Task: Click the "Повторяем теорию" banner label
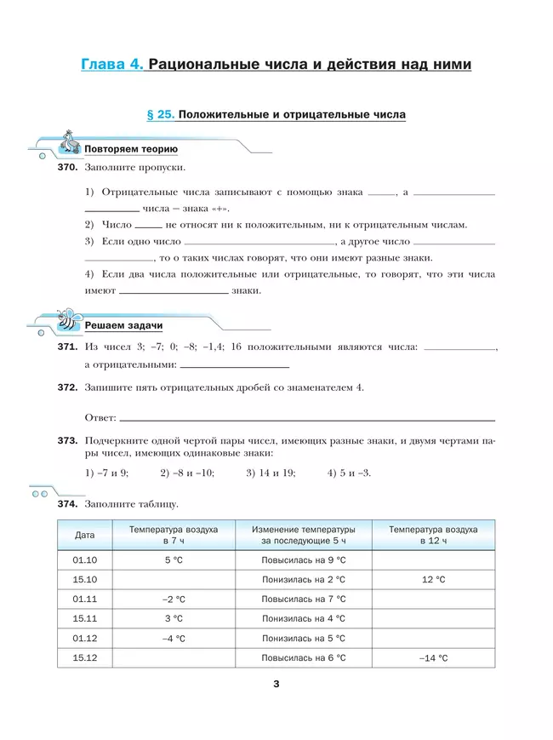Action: (130, 149)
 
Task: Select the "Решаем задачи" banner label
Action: (123, 326)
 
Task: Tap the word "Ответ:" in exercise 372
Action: (100, 417)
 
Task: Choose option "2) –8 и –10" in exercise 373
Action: (187, 473)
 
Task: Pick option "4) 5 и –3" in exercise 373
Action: (349, 473)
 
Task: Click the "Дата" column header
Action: (85, 535)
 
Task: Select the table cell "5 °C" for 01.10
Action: (174, 559)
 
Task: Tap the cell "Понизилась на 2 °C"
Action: (304, 579)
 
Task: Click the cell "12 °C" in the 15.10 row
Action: (433, 579)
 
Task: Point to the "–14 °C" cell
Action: (433, 657)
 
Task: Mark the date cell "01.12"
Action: (85, 638)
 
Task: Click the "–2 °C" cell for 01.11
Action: (174, 599)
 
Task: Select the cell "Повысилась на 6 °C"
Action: (304, 657)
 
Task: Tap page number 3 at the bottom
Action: (276, 683)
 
